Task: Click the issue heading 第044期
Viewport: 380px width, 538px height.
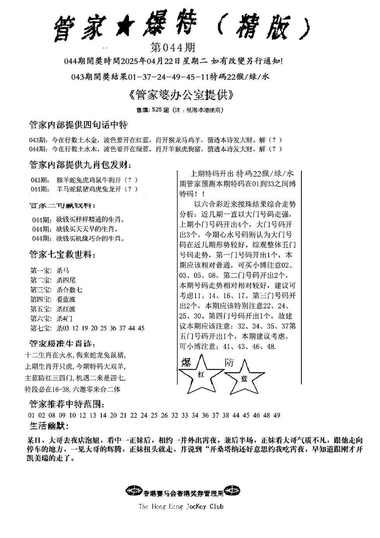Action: pos(172,48)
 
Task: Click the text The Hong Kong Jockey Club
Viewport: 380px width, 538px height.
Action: pos(181,506)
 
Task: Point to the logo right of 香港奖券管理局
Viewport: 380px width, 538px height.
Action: pos(231,492)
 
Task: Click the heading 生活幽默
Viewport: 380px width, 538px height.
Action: pos(49,426)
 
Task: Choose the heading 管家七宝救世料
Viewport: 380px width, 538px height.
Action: pos(62,255)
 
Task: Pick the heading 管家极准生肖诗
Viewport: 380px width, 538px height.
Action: pos(62,344)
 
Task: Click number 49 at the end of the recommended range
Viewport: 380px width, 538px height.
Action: pos(276,415)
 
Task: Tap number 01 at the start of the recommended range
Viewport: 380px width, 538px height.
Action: pos(32,415)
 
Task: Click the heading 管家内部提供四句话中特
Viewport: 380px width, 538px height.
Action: pos(78,125)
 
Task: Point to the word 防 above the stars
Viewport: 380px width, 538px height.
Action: pos(229,363)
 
